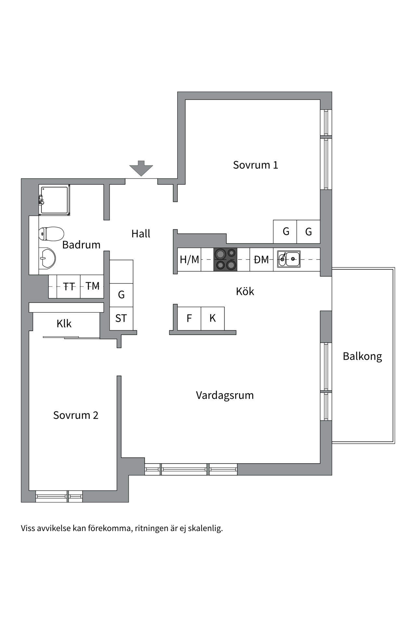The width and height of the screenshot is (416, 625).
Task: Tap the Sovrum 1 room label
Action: point(255,165)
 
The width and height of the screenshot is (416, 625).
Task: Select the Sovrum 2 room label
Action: point(76,415)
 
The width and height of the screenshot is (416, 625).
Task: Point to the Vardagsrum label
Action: point(225,395)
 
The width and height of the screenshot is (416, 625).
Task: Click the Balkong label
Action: point(362,356)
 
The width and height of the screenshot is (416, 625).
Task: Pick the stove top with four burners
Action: point(225,259)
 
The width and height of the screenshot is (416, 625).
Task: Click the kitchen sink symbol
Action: point(289,259)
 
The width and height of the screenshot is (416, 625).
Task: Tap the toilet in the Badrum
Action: point(51,234)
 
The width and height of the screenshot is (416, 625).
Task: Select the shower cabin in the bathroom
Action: point(54,200)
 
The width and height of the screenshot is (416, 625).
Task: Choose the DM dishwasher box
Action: point(261,259)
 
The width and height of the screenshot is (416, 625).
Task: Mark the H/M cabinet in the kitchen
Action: point(189,259)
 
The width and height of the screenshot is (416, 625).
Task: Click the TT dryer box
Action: point(69,286)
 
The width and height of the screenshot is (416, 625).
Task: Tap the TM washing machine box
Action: point(92,286)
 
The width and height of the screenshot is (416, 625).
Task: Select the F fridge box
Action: point(189,318)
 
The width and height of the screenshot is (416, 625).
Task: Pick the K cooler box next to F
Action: point(213,318)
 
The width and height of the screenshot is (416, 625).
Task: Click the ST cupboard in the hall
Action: point(121,318)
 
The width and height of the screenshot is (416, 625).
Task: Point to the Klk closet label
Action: point(64,324)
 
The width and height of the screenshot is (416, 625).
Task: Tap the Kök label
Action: point(245,291)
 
